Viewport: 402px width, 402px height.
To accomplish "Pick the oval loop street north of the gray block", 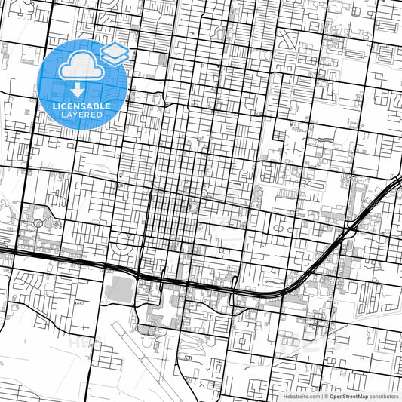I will [x=122, y=243].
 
